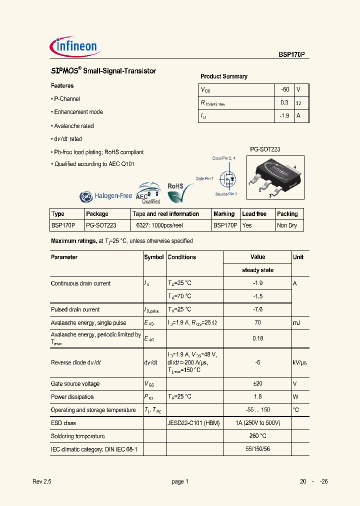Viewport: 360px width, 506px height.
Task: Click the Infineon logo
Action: coord(76,46)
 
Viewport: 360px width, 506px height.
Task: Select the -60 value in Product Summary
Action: coord(285,89)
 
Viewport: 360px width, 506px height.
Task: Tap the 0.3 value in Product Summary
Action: coord(285,102)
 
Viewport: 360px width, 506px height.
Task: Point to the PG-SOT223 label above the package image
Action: coord(265,149)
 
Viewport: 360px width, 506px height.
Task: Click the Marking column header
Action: coord(224,214)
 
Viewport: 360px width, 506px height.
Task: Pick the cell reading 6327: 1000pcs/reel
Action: coord(160,225)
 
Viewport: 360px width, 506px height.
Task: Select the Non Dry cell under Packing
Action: coord(287,225)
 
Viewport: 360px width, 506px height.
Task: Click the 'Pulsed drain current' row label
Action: coord(75,309)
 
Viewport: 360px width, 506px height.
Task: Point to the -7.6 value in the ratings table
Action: coord(257,309)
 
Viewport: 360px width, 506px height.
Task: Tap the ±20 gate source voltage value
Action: coord(257,384)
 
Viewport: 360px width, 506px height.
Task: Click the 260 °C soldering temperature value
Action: coord(257,436)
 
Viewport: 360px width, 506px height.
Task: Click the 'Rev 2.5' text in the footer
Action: coord(42,481)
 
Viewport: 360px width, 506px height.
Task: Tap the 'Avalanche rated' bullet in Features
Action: coord(73,126)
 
